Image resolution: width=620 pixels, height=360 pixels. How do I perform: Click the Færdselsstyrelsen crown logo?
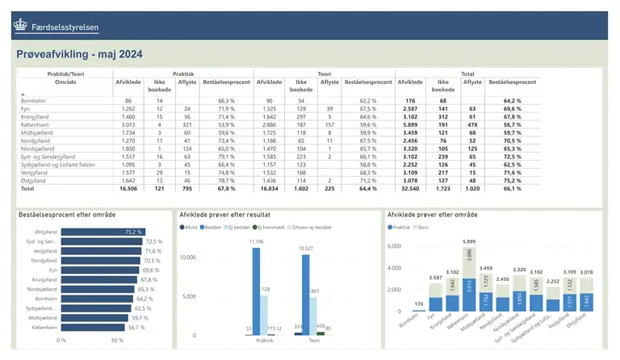[20, 26]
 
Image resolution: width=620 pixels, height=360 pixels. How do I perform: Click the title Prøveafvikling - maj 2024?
[80, 55]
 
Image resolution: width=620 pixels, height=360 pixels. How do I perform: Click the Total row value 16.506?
[128, 188]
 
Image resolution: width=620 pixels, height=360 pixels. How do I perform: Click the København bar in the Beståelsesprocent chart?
[93, 328]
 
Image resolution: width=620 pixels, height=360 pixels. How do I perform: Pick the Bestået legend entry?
[213, 228]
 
